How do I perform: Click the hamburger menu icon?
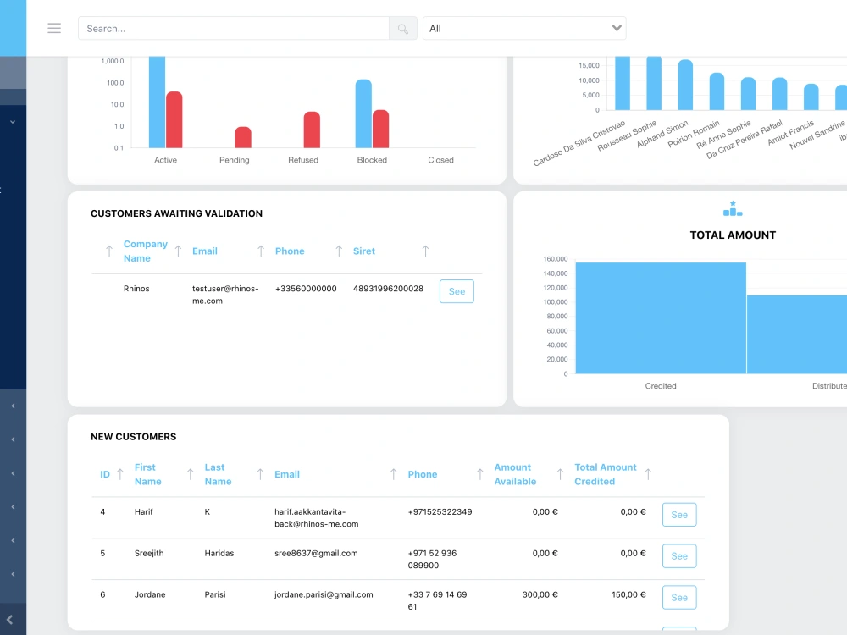click(x=54, y=28)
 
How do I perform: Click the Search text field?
click(x=234, y=28)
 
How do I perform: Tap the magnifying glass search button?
click(x=403, y=28)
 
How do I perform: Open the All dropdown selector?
click(x=524, y=28)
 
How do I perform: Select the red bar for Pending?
click(x=243, y=137)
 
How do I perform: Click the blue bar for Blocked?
click(x=363, y=113)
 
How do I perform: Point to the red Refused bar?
click(x=312, y=130)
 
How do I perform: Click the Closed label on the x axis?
click(x=440, y=160)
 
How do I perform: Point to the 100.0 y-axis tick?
click(x=115, y=83)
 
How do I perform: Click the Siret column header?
click(x=364, y=251)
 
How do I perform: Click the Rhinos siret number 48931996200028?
click(x=388, y=289)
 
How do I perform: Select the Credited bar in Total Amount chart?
click(x=661, y=318)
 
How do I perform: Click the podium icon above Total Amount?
click(x=733, y=208)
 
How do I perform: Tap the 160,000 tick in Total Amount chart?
click(x=556, y=259)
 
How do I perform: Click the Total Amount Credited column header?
click(x=606, y=474)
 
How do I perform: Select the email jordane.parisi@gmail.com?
click(x=324, y=594)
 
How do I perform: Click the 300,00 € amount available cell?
click(x=540, y=594)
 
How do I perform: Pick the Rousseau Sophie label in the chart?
click(x=627, y=135)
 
